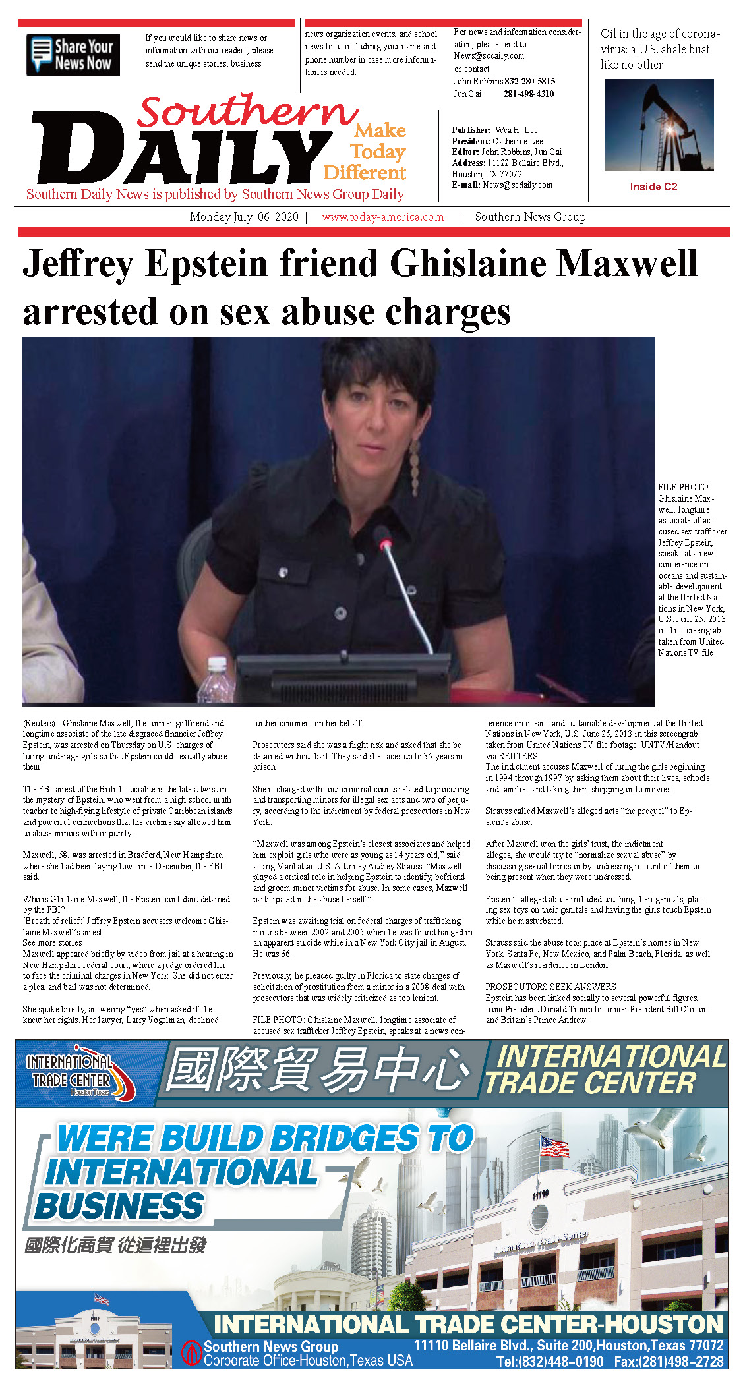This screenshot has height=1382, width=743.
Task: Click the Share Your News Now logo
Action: coord(73,55)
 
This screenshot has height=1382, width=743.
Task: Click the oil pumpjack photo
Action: coord(659,125)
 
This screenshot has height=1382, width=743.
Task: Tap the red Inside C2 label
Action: coord(653,187)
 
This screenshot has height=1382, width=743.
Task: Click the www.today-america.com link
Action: coord(382,217)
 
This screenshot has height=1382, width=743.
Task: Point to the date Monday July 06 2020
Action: coord(243,217)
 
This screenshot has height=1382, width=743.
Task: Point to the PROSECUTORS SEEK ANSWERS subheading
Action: coord(550,987)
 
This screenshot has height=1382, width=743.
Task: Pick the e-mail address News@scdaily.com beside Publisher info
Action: coord(517,185)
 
